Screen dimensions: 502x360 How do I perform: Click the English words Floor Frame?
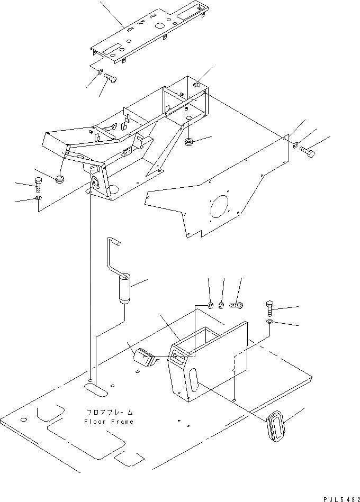(x=109, y=422)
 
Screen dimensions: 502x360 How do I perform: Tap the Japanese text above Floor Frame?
(x=109, y=412)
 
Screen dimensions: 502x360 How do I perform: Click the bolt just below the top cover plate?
(x=111, y=79)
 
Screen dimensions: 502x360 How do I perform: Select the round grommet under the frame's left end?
(x=60, y=178)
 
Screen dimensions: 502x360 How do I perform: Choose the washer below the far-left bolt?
(x=37, y=198)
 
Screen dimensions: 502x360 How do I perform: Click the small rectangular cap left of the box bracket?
(x=144, y=358)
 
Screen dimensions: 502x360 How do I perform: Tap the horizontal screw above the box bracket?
(x=237, y=305)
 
